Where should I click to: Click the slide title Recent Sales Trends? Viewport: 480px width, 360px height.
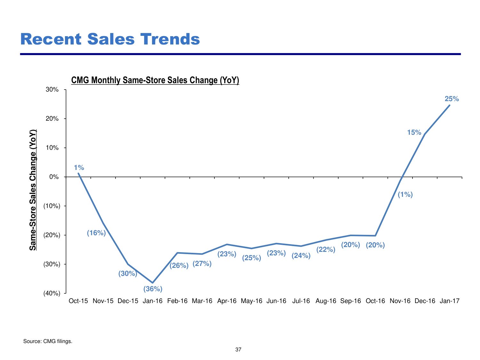[110, 39]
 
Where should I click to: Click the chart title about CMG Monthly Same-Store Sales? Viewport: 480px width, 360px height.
[155, 80]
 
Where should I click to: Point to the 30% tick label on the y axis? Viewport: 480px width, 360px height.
[52, 90]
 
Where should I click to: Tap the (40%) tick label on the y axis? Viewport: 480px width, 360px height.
[52, 293]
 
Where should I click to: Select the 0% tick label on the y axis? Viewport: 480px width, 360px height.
[54, 177]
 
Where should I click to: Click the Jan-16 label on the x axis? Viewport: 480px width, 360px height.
[153, 301]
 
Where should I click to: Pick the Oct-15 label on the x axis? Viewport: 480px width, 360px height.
[78, 301]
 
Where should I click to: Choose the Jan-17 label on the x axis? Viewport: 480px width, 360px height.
[450, 301]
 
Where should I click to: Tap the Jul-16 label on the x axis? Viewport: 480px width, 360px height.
[301, 301]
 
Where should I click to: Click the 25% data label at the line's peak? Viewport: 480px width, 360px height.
[452, 99]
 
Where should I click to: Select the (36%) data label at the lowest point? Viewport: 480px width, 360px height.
[153, 289]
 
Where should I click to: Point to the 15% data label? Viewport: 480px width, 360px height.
[414, 132]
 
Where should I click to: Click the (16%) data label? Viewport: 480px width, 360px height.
[96, 233]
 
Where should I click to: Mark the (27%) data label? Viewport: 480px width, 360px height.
[202, 264]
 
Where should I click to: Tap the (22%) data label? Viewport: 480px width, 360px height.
[326, 250]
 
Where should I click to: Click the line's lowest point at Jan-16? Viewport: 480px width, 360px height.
[153, 283]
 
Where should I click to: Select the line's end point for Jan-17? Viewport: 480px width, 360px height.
[450, 105]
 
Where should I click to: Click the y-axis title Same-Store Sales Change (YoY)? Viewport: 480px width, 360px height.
[33, 190]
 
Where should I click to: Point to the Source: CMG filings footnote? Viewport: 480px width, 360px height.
[48, 341]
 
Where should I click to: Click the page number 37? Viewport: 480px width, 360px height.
[238, 350]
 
